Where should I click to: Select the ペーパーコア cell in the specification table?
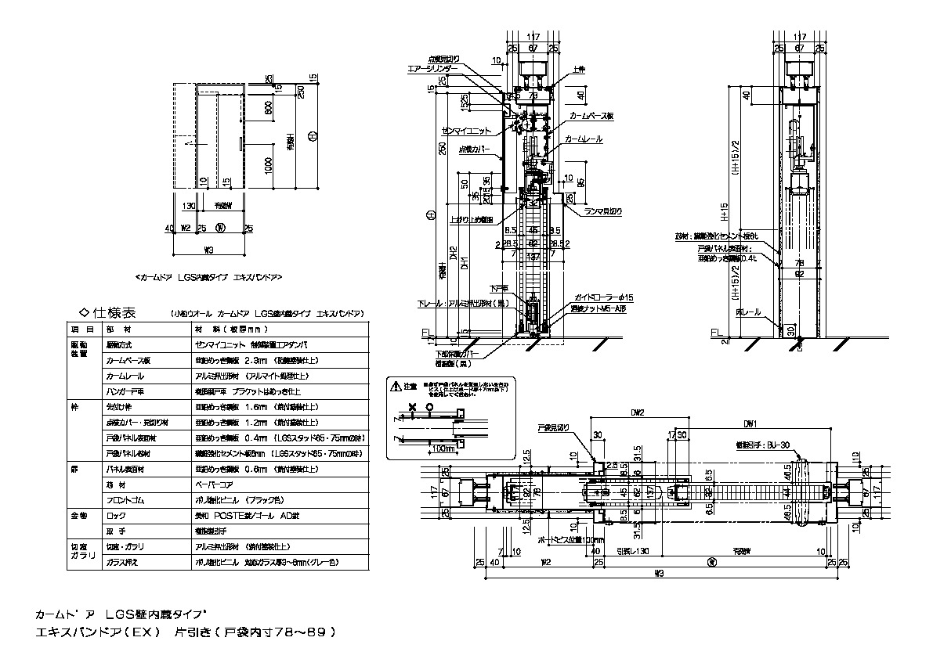tap(211, 486)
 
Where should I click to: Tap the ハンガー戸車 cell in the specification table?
tap(124, 391)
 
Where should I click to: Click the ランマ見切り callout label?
tap(602, 211)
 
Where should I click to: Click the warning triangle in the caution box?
tap(394, 386)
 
